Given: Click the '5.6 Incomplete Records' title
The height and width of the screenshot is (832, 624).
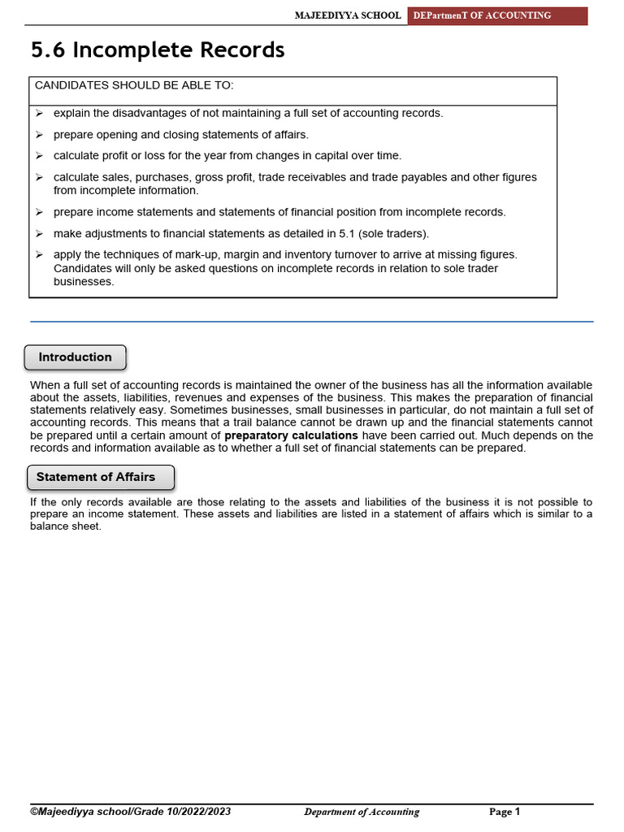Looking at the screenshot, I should (x=158, y=50).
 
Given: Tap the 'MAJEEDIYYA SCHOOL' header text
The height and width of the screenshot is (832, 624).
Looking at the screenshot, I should (x=348, y=15).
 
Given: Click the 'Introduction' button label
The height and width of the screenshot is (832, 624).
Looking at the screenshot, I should (x=76, y=357).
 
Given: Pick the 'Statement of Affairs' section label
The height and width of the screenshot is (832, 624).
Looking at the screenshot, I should (x=96, y=477).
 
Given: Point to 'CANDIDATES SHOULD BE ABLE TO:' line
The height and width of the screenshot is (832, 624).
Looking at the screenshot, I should (x=134, y=85).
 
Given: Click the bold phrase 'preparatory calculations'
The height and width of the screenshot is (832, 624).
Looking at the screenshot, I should (x=291, y=435).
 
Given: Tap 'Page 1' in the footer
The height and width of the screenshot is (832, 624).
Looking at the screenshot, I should (x=504, y=812).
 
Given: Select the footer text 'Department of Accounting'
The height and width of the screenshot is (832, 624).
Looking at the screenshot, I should (x=362, y=812).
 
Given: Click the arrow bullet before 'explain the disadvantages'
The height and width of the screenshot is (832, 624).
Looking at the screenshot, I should (x=39, y=113).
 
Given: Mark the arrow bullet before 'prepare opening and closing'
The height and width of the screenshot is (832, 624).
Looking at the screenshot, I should (x=39, y=134).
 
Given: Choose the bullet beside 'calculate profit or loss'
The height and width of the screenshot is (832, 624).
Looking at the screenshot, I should (x=39, y=155).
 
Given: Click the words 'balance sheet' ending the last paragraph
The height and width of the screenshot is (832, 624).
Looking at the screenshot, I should (x=65, y=526).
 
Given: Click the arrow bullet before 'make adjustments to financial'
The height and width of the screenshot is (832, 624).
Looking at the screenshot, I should (x=39, y=233).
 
